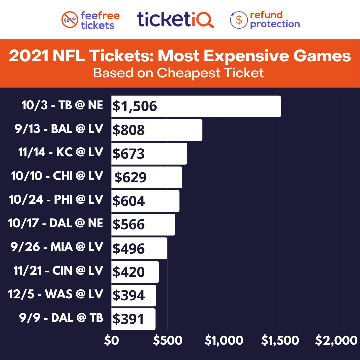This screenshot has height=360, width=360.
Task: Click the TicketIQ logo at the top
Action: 175,20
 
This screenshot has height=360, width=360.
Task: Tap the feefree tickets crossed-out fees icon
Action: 70,20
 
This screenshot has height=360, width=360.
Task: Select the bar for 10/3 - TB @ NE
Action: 196,106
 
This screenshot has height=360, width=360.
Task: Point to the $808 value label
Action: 129,130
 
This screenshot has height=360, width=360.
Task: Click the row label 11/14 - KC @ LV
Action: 61,152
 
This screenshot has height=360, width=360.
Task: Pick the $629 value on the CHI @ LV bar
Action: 130,177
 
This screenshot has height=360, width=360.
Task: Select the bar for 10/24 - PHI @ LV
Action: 145,201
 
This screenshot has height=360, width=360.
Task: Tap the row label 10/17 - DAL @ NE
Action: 56,223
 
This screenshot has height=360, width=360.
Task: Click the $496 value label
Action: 129,248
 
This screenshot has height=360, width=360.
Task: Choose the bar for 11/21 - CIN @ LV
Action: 135,272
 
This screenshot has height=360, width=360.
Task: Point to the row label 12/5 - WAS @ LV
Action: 56,294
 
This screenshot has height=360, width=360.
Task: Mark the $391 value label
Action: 128,319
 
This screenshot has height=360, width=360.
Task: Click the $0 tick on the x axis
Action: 111,340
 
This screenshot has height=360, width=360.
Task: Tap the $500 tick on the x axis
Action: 168,340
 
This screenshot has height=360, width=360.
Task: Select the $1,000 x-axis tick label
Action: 224,340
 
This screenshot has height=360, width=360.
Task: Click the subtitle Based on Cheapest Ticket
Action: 178,73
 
